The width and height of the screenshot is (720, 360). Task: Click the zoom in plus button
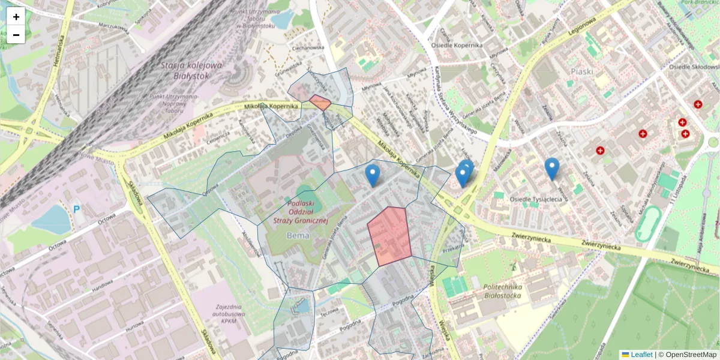click(16, 17)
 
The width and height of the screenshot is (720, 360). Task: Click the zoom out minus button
click(16, 35)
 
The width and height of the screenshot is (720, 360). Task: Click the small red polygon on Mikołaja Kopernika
click(320, 102)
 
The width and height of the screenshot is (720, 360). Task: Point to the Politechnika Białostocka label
click(502, 292)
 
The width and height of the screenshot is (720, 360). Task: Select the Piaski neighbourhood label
click(581, 71)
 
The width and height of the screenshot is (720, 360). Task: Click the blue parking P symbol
click(77, 209)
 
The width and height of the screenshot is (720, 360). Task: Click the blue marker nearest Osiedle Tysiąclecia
click(551, 169)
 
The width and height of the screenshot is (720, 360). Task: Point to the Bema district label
click(298, 235)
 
